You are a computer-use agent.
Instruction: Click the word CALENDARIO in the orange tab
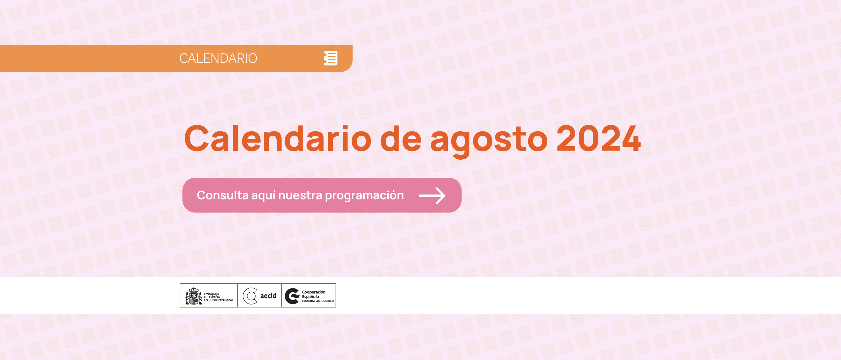tap(218, 58)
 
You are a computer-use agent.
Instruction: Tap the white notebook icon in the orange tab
tap(330, 58)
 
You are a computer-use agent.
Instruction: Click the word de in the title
tap(400, 139)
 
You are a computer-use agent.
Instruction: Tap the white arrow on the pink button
tap(432, 195)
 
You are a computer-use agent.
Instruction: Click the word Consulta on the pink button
tap(222, 195)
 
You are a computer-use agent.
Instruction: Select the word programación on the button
tap(364, 196)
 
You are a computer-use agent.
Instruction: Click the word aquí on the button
tap(263, 196)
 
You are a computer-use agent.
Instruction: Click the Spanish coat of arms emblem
tap(193, 296)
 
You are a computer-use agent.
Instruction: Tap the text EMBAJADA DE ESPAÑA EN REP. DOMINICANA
tap(218, 297)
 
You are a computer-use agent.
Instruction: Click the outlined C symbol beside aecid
tap(250, 296)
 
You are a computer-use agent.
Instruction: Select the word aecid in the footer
tap(268, 296)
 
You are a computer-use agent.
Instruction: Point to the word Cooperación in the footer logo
tap(314, 292)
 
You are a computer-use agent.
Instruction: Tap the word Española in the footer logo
tap(310, 297)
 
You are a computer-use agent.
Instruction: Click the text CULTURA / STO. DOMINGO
tap(318, 301)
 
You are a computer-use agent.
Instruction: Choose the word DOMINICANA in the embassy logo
tap(223, 300)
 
